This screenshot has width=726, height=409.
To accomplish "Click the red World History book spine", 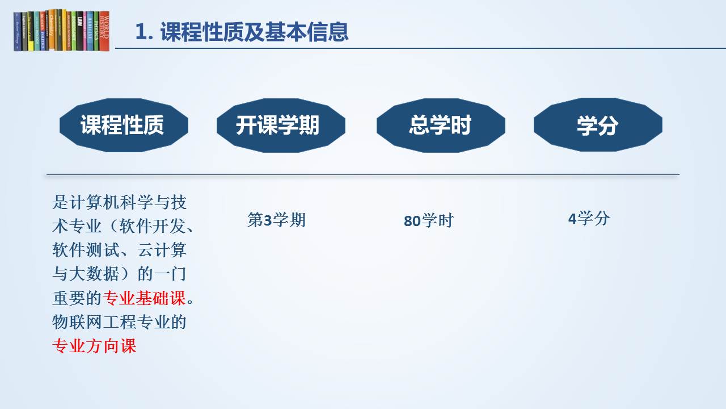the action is pyautogui.click(x=104, y=31).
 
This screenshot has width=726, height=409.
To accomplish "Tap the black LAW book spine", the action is pyautogui.click(x=79, y=31).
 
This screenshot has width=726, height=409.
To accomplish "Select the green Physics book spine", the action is pyautogui.click(x=96, y=31).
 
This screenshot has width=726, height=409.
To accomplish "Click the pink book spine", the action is pyautogui.click(x=85, y=31).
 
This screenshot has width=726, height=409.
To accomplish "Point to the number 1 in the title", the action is pyautogui.click(x=140, y=32).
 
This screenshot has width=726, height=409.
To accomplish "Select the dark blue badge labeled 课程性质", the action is pyautogui.click(x=124, y=125).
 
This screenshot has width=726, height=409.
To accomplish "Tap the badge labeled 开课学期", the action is pyautogui.click(x=281, y=126).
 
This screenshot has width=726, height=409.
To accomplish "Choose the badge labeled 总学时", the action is pyautogui.click(x=441, y=126).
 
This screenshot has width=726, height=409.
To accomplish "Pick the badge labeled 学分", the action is pyautogui.click(x=598, y=125).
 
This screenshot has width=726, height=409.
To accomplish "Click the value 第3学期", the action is pyautogui.click(x=276, y=220).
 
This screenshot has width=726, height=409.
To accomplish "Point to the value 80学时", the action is pyautogui.click(x=428, y=221).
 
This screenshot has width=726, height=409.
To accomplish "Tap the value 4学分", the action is pyautogui.click(x=589, y=218).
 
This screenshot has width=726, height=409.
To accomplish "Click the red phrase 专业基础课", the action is pyautogui.click(x=144, y=298).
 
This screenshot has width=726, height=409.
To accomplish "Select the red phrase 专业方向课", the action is pyautogui.click(x=94, y=346).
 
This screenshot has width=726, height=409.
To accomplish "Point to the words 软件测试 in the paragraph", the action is pyautogui.click(x=86, y=250).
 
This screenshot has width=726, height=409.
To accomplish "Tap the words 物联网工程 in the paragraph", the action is pyautogui.click(x=94, y=322).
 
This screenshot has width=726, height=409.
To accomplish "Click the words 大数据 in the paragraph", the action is pyautogui.click(x=94, y=274).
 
